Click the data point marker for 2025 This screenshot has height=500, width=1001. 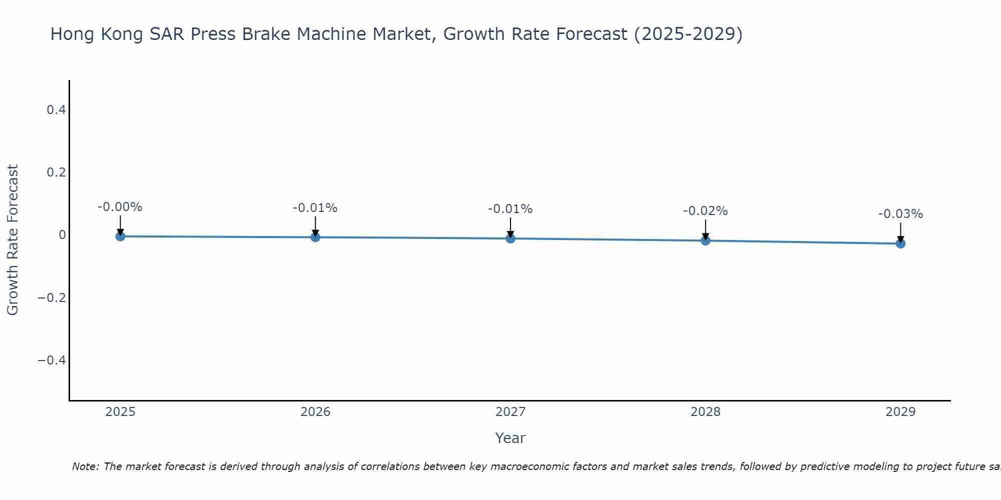(x=120, y=236)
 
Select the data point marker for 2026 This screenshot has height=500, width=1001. (x=315, y=237)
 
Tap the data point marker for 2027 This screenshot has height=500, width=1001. (x=511, y=238)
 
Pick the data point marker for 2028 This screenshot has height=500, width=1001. (x=706, y=240)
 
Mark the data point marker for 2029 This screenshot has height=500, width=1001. (x=900, y=243)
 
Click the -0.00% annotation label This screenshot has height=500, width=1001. (x=120, y=207)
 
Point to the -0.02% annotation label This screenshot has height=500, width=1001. (x=705, y=211)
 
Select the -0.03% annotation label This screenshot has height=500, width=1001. (x=900, y=214)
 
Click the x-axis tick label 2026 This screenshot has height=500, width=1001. (x=315, y=412)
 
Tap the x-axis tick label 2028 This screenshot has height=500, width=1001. (x=706, y=412)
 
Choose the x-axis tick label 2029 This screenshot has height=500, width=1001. (x=900, y=412)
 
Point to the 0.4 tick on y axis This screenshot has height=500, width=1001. (x=56, y=109)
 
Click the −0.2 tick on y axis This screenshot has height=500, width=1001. (x=52, y=297)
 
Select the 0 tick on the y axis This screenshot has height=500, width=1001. (x=62, y=234)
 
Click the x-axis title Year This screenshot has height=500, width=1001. (x=510, y=438)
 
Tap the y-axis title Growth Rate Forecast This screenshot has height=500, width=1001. (x=13, y=240)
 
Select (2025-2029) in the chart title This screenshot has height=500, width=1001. (x=688, y=34)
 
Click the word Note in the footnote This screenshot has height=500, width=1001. (x=86, y=466)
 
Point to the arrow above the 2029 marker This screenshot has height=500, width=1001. (x=900, y=231)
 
